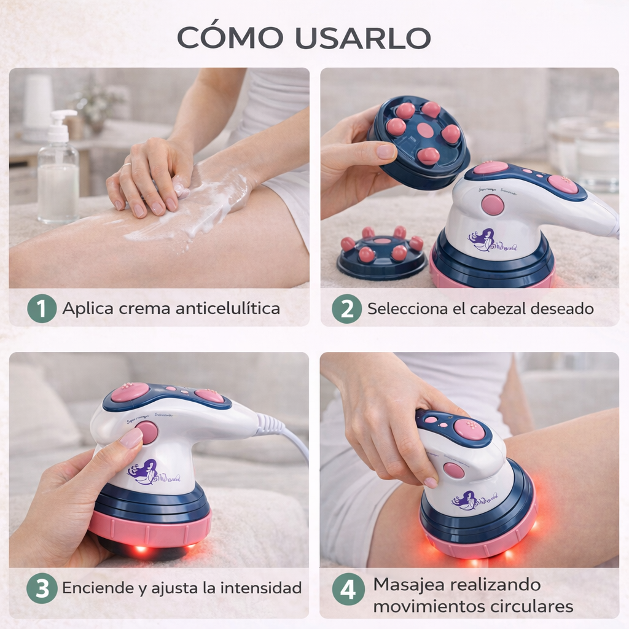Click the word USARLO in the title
coord(362,37)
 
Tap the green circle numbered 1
coord(42,308)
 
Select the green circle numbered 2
coord(347,308)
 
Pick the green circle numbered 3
coord(42,588)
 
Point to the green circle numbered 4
coord(348,592)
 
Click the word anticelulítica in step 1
coord(227,308)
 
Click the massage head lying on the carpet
coord(381,254)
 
